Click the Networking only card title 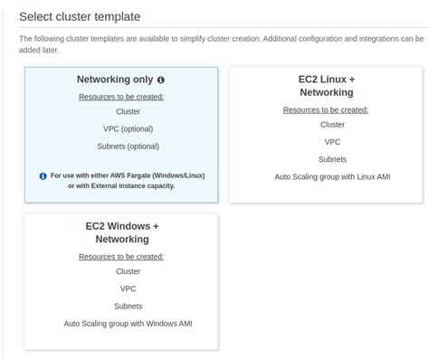pos(115,80)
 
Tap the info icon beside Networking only pos(161,81)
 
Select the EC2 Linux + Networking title pos(326,86)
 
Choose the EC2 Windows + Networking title pos(121,232)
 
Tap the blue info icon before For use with pos(43,176)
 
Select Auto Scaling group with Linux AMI pos(332,176)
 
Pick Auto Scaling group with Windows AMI pos(128,323)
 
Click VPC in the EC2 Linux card pos(332,142)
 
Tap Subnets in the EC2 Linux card pos(332,159)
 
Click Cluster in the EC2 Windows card pos(128,271)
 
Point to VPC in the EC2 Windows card pos(128,289)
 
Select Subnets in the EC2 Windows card pos(128,306)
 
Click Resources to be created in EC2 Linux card pos(326,109)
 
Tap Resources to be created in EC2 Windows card pos(121,257)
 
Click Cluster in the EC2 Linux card pos(332,125)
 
